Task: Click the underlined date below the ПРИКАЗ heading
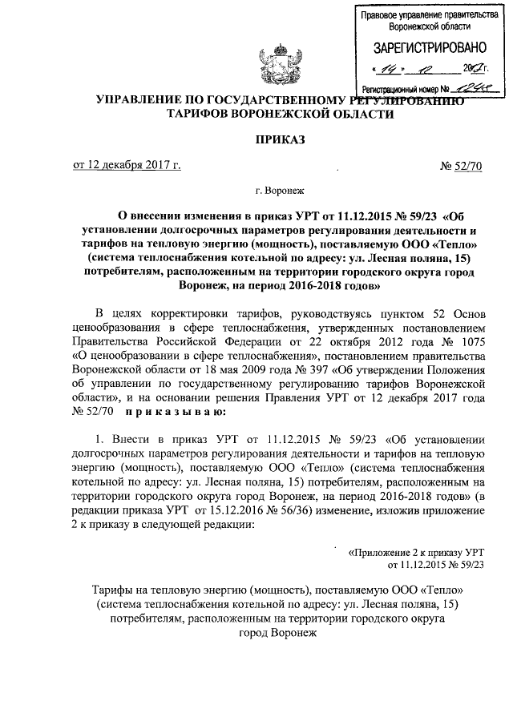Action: [127, 166]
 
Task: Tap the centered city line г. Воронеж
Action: [279, 192]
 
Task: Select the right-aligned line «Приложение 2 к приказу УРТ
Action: [416, 553]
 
